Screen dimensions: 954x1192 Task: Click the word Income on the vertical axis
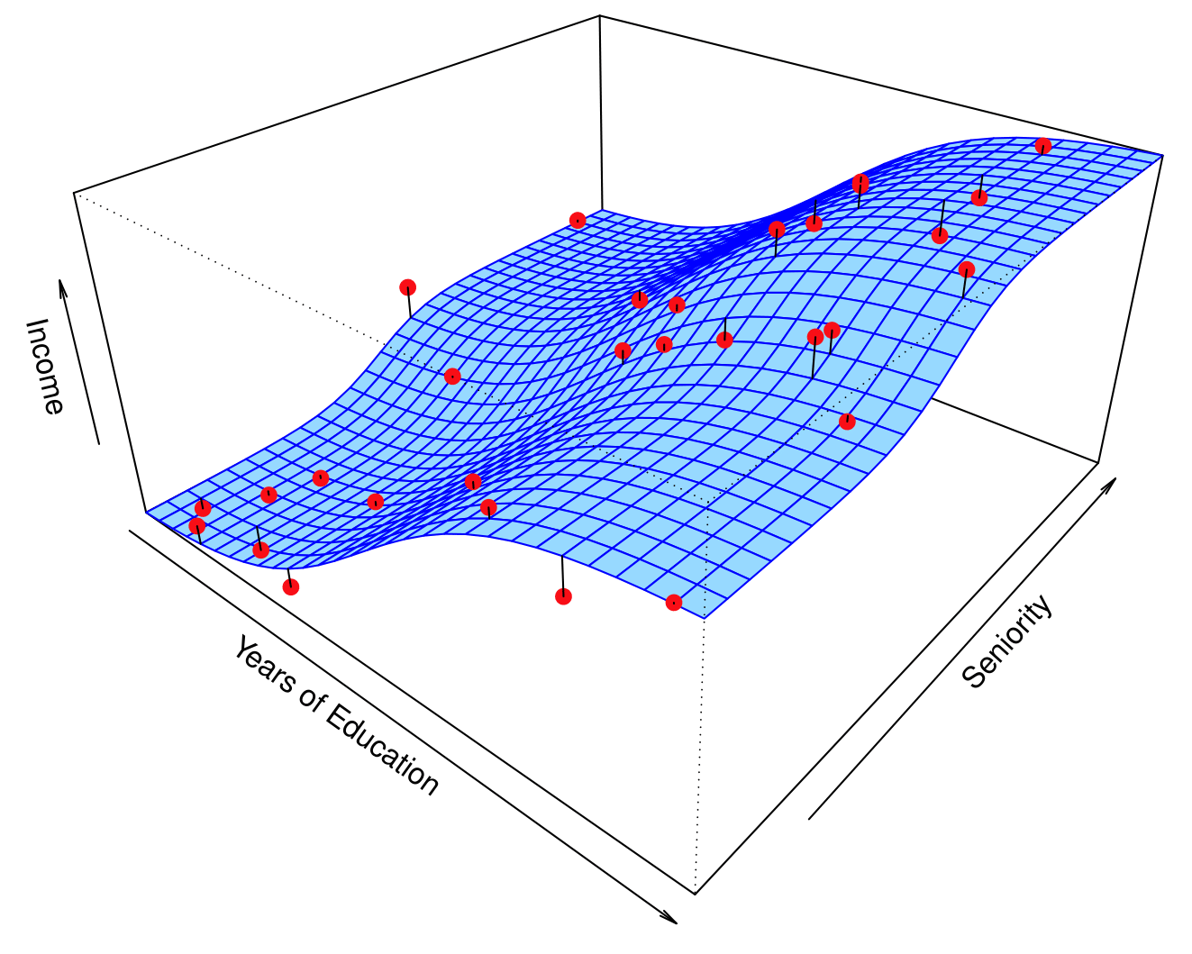click(43, 366)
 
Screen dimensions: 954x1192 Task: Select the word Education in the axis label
click(382, 750)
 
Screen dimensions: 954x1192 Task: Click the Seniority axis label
click(1006, 641)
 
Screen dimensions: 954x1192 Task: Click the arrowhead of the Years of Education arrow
click(670, 917)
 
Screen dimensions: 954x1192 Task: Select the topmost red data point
click(1043, 146)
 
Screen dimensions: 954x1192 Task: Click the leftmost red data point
click(197, 525)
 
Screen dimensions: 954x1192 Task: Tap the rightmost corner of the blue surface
click(1162, 155)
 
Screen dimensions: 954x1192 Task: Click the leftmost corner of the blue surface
click(146, 513)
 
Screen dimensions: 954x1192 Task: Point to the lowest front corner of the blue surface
click(705, 619)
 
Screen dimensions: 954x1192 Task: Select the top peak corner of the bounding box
click(599, 15)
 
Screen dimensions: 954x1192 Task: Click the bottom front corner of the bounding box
click(696, 894)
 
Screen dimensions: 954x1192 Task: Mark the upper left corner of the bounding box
click(75, 192)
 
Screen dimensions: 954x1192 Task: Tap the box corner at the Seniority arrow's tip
click(1098, 463)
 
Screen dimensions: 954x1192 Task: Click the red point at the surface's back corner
click(578, 220)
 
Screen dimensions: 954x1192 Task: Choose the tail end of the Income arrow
click(98, 444)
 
